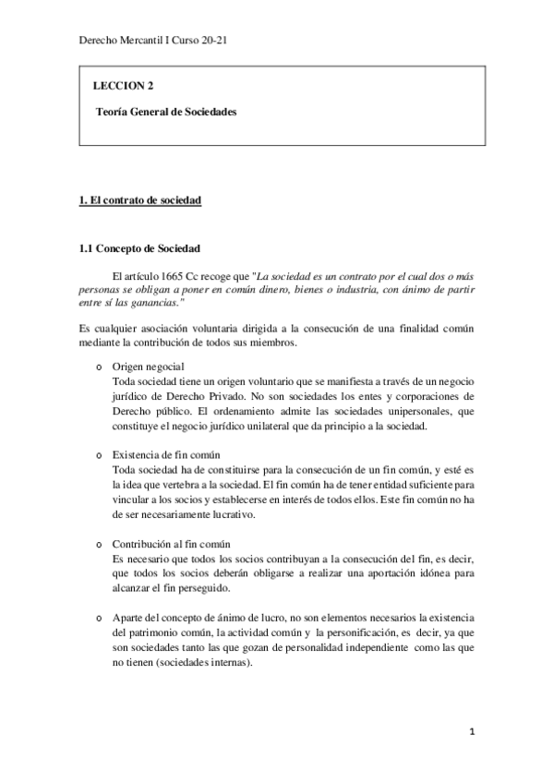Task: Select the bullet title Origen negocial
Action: tap(148, 367)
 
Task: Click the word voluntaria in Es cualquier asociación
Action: tap(216, 329)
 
